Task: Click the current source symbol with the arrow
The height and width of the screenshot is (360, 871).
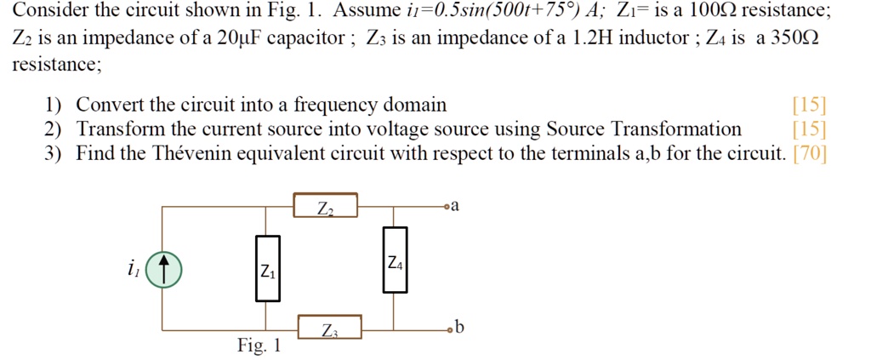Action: [163, 271]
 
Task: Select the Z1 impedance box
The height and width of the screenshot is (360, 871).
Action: [267, 269]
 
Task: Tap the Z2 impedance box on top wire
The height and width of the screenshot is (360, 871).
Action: [325, 206]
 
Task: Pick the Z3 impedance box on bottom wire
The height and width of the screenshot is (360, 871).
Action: [330, 327]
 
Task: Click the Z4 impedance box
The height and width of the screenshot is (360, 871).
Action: [395, 260]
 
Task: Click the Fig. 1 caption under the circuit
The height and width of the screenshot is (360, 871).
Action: [259, 347]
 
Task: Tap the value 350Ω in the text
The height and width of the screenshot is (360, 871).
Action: [791, 40]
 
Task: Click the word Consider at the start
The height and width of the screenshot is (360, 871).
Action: [46, 12]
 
